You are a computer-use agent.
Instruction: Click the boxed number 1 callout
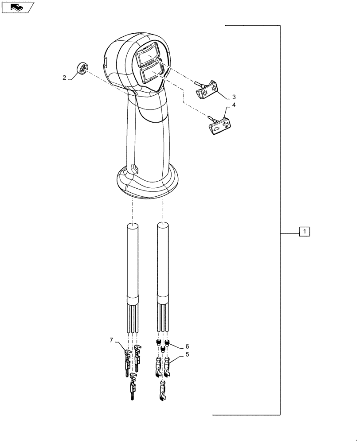tap(305, 231)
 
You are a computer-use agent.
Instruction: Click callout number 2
tap(64, 78)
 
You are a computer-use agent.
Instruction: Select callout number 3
tap(234, 97)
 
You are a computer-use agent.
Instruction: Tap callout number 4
tap(234, 105)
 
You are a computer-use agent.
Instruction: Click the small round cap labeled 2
tap(83, 69)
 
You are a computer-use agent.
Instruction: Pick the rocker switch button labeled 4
tap(218, 126)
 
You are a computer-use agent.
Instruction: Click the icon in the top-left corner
tap(17, 7)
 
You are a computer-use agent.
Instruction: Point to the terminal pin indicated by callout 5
tap(168, 366)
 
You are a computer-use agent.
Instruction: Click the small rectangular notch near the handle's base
tap(133, 168)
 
